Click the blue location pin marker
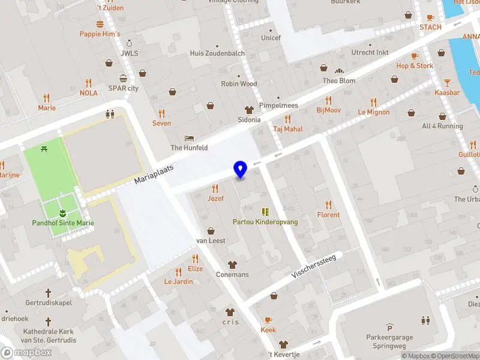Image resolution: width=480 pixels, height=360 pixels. coord(240,169)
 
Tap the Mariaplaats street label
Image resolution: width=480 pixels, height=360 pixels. coord(154,175)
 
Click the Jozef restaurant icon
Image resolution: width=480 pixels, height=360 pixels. coord(215,188)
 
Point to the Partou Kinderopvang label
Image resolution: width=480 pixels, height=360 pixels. coord(265,222)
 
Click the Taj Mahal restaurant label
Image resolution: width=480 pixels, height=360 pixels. coord(288,129)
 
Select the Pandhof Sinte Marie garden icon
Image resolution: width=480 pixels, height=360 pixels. coord(62,213)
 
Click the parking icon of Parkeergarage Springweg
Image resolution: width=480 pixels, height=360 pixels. coord(389,328)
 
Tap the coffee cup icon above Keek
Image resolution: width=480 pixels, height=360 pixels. coord(268,320)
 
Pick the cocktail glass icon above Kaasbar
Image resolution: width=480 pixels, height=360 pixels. coord(447,82)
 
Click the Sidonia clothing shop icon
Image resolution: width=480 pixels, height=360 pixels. coord(249,109)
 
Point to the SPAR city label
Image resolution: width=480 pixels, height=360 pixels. coord(124,88)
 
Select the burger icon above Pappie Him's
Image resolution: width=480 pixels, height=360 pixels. coord(100,24)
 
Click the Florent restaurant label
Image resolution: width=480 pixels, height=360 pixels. coord(328,215)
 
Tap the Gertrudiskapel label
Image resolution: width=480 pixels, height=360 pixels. coord(49,303)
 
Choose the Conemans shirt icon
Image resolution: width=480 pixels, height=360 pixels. coord(232,265)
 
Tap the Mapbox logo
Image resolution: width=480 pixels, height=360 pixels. coord(26,353)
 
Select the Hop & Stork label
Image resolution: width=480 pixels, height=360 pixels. coord(415,66)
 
